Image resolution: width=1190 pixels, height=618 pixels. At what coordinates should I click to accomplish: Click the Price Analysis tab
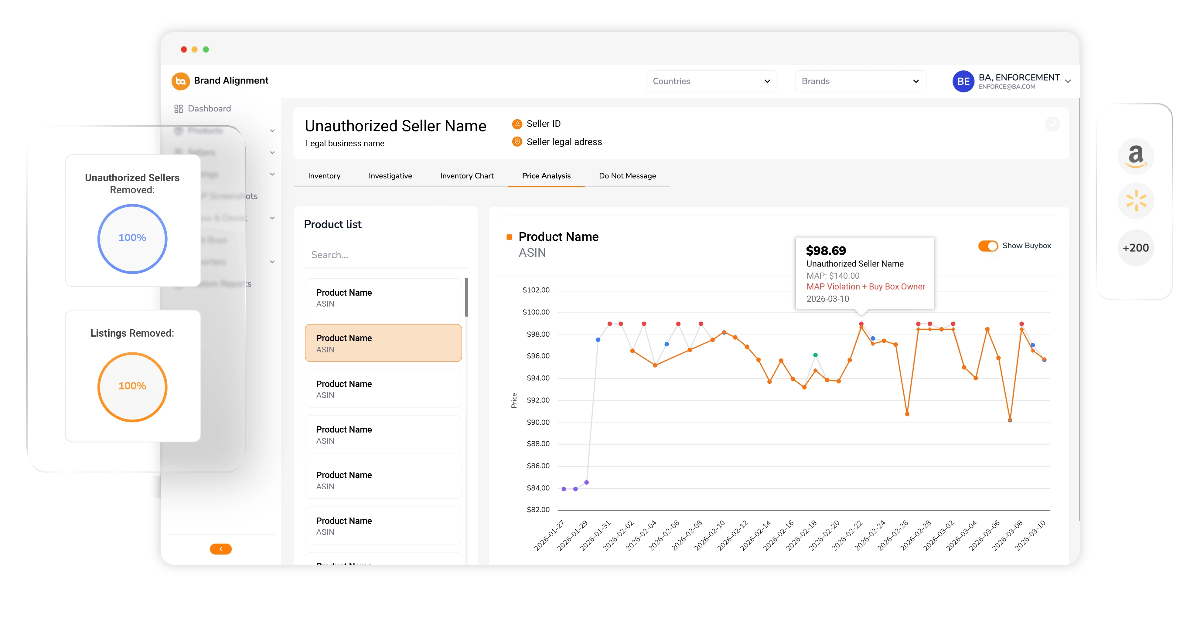coord(546,176)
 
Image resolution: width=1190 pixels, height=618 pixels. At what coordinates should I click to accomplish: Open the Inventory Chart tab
coord(467,176)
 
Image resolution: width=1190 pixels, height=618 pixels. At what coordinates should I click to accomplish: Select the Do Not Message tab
coord(627,176)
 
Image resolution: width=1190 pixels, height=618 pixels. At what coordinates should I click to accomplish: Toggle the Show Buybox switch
coord(988,246)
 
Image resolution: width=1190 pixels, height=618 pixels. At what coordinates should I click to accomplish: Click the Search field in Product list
coord(386,255)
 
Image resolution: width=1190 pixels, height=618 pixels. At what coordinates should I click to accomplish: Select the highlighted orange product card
coord(383,343)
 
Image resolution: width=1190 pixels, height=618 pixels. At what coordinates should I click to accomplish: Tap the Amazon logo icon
coord(1135,156)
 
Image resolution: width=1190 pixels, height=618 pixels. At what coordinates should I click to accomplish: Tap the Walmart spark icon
coord(1135,201)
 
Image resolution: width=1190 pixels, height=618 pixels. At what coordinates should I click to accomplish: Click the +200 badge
coord(1135,248)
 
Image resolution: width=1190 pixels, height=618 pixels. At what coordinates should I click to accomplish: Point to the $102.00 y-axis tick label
coord(536,290)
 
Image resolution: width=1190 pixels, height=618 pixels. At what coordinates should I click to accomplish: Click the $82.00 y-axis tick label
coord(538,509)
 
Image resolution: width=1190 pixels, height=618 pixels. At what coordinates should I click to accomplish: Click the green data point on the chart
coord(815,355)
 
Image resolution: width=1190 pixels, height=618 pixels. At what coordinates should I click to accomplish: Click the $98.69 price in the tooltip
coord(826,251)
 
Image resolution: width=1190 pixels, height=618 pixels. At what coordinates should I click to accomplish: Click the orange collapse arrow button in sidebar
coord(221,549)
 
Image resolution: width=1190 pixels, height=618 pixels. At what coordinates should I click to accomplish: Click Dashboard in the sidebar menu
coord(209,109)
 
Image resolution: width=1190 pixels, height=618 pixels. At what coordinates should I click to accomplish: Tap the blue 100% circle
coord(132,238)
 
